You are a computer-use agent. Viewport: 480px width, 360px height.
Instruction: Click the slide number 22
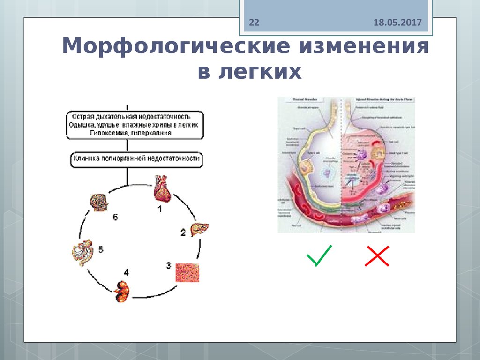click(x=254, y=22)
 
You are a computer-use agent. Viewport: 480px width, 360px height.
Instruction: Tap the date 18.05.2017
click(x=398, y=22)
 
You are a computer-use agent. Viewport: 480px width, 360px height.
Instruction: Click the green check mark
click(x=319, y=255)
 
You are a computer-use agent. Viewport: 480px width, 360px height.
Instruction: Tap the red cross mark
click(x=377, y=256)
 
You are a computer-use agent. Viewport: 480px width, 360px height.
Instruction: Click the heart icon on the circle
click(x=162, y=188)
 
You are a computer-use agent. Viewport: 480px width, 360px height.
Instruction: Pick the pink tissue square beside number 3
click(x=187, y=272)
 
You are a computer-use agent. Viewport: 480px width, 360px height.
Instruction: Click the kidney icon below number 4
click(x=122, y=291)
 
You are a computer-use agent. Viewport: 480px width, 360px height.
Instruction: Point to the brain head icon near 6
click(x=98, y=203)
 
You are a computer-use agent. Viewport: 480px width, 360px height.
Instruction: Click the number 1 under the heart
click(x=159, y=210)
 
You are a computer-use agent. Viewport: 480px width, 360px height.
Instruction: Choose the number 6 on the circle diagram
click(x=115, y=217)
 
